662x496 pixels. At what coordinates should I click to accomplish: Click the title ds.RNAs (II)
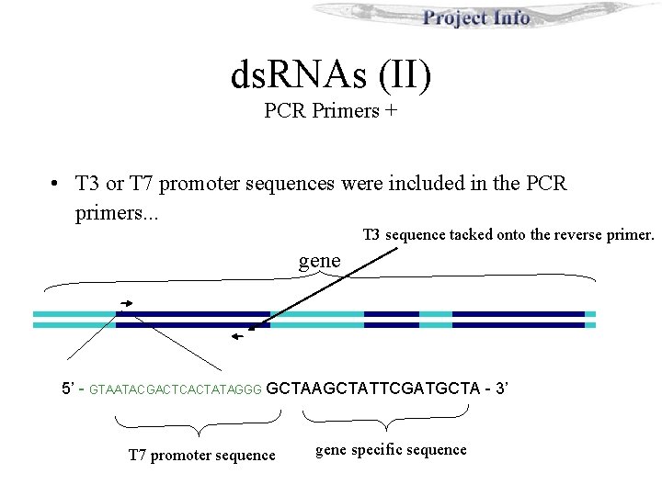click(x=330, y=75)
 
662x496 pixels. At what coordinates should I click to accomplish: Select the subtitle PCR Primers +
click(x=330, y=112)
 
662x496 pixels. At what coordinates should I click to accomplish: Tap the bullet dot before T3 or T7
click(x=56, y=184)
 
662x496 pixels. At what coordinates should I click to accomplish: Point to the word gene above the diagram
click(x=320, y=260)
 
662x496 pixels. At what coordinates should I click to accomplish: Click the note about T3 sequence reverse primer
click(x=508, y=235)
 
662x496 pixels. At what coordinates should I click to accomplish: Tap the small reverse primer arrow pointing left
click(x=238, y=337)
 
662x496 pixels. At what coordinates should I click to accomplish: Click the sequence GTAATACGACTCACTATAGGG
click(x=177, y=389)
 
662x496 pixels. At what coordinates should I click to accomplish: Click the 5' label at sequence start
click(x=68, y=389)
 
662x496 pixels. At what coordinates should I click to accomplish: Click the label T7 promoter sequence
click(x=201, y=455)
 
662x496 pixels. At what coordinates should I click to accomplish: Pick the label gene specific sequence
click(x=391, y=449)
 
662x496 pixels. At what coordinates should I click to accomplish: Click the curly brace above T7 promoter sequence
click(x=198, y=423)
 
